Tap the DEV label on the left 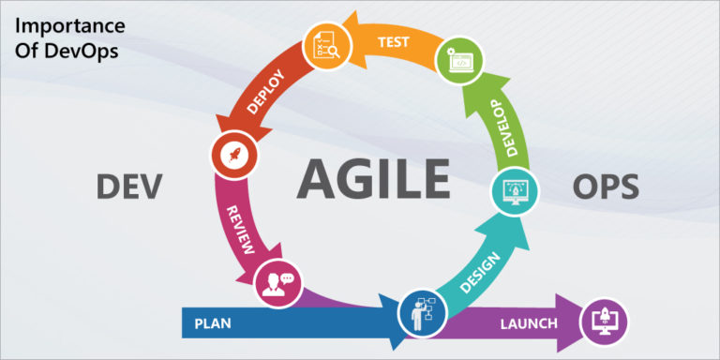pos(129,187)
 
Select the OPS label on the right pos(605,187)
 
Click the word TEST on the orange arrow pos(394,42)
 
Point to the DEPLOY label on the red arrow pos(265,91)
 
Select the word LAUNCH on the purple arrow pos(528,325)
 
